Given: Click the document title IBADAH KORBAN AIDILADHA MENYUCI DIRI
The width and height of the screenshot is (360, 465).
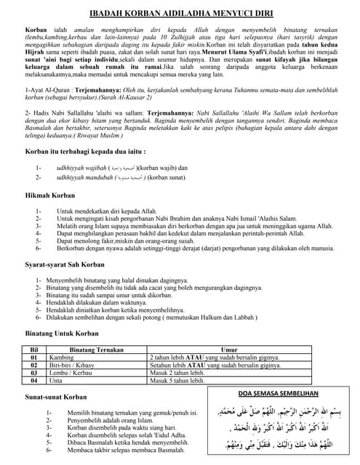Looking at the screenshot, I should pos(180,13).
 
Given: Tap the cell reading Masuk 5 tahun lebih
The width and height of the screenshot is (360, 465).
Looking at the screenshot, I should pos(179,381).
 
